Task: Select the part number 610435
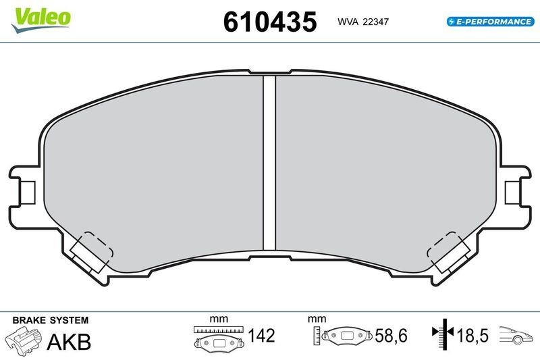pos(269,22)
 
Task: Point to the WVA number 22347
pos(376,22)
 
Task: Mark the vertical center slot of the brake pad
pos(269,162)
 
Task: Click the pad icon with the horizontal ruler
pos(217,337)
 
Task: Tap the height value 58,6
pos(391,335)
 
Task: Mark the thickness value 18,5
pos(473,335)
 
